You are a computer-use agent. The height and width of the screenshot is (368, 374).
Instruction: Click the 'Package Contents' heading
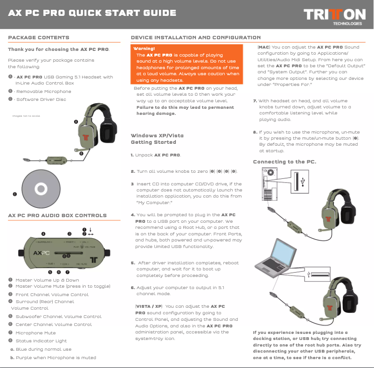coord(39,37)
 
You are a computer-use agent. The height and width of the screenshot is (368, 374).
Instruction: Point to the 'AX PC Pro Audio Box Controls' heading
coord(57,215)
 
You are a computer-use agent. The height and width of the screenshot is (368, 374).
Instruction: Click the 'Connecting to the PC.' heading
coord(284,162)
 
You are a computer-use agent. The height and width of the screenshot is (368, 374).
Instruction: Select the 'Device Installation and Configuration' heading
coord(196,37)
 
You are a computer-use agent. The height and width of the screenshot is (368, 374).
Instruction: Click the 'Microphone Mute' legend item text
coord(35,333)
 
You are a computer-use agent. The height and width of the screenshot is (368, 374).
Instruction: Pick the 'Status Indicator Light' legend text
coord(41,341)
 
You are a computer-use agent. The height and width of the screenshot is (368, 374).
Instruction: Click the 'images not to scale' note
coord(26,116)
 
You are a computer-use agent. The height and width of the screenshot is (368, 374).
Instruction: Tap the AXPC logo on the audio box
coord(42,253)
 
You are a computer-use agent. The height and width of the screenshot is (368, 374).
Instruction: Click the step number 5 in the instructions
coord(132,263)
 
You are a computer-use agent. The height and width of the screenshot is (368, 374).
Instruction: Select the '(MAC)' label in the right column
coord(263,47)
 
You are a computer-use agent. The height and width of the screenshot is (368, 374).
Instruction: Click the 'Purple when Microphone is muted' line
coord(55,358)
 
